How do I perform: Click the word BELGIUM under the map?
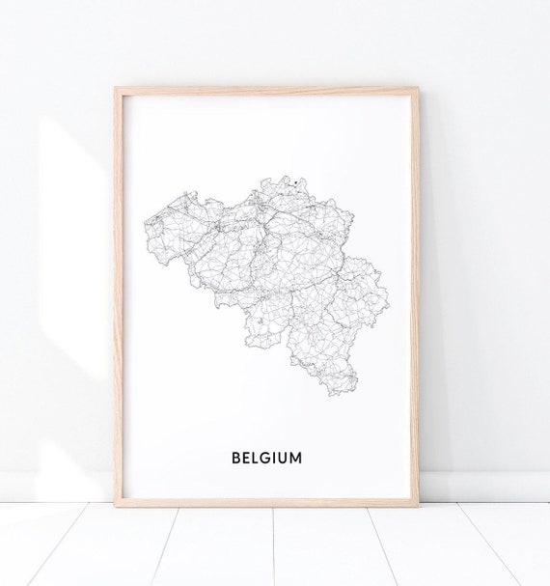[266, 456]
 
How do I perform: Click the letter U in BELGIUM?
[282, 456]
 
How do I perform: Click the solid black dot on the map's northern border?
[287, 179]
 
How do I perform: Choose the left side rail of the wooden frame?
[118, 290]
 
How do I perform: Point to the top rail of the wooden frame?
[268, 92]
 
